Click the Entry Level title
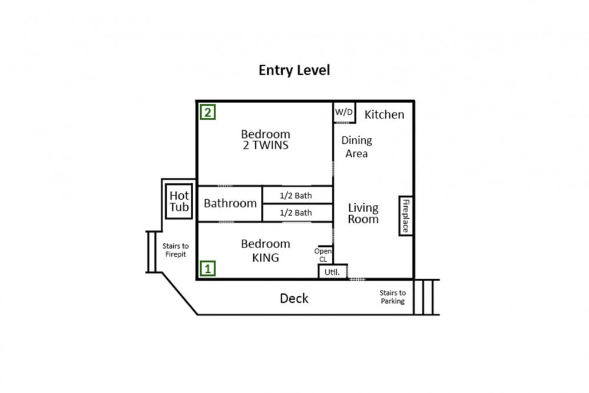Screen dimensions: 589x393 294,70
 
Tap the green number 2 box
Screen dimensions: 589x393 208,112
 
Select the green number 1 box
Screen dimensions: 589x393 208,268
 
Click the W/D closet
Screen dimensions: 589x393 344,112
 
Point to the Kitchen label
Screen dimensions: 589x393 384,114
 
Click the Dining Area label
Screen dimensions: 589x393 356,147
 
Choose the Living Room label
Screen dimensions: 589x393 363,213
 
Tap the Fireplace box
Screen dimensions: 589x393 406,216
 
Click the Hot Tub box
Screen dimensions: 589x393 179,202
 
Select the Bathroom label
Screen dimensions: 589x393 230,203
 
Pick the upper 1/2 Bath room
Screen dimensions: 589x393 297,195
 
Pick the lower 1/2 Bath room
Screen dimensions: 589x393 297,213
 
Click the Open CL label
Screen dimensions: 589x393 323,255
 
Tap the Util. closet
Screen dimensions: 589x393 332,272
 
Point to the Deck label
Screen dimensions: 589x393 294,298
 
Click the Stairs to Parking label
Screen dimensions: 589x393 392,297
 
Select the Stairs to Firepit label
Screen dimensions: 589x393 176,250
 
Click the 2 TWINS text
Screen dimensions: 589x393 266,146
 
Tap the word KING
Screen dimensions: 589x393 266,257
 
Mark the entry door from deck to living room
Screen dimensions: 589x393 358,279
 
